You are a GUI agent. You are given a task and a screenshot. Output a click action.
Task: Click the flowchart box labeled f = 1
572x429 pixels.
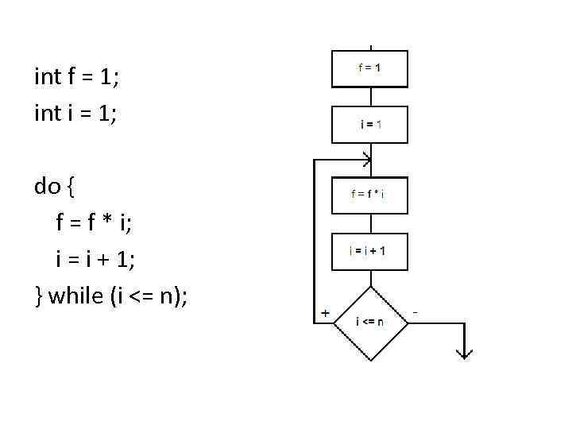coord(369,68)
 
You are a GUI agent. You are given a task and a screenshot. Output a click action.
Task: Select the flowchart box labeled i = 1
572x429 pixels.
coord(369,124)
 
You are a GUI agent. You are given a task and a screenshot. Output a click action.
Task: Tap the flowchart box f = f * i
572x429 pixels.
coord(369,195)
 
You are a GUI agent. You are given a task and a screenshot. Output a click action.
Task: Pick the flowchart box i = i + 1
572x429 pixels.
coord(369,251)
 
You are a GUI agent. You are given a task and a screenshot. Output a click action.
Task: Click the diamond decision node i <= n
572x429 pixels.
coord(370,322)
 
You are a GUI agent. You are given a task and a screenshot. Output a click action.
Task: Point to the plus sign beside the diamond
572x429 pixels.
coord(326,313)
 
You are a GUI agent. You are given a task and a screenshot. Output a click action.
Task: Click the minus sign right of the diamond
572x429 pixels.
coord(415,313)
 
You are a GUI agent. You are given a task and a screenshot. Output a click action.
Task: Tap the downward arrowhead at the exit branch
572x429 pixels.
coord(463,354)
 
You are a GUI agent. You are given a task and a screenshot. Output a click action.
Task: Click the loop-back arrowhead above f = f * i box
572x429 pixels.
coord(366,160)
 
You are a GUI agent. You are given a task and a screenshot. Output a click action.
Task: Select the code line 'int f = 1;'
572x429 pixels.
coord(76,77)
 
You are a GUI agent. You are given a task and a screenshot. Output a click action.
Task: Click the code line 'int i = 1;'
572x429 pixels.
coord(75,114)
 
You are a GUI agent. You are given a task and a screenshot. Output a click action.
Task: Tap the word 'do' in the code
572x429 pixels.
coord(48,187)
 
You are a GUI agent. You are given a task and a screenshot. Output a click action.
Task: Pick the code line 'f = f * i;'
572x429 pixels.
coord(95,223)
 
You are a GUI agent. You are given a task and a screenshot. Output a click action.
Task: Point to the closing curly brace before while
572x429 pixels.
coord(38,297)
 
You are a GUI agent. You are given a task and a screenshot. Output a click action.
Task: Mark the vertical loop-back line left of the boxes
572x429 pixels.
coord(315,238)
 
